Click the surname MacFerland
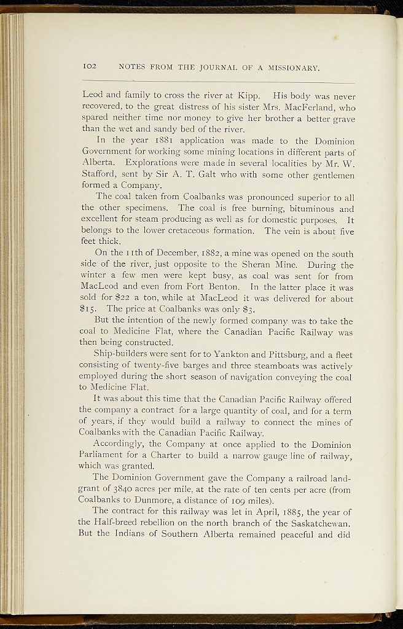pyautogui.click(x=297, y=107)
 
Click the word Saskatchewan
pyautogui.click(x=317, y=522)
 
